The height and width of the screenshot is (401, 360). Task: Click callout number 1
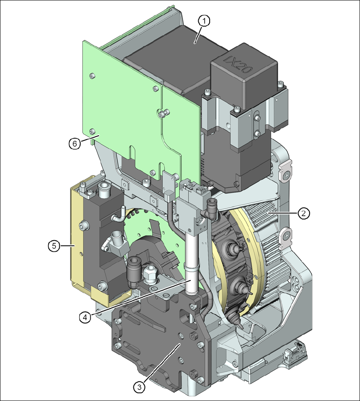pos(204,21)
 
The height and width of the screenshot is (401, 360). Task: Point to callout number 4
pos(85,316)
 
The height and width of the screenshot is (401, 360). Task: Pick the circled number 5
pos(53,245)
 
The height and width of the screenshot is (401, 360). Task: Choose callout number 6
pos(74,143)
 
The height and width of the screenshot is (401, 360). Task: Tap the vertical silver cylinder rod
pos(191,254)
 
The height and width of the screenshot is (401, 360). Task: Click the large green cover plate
pos(127,106)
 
